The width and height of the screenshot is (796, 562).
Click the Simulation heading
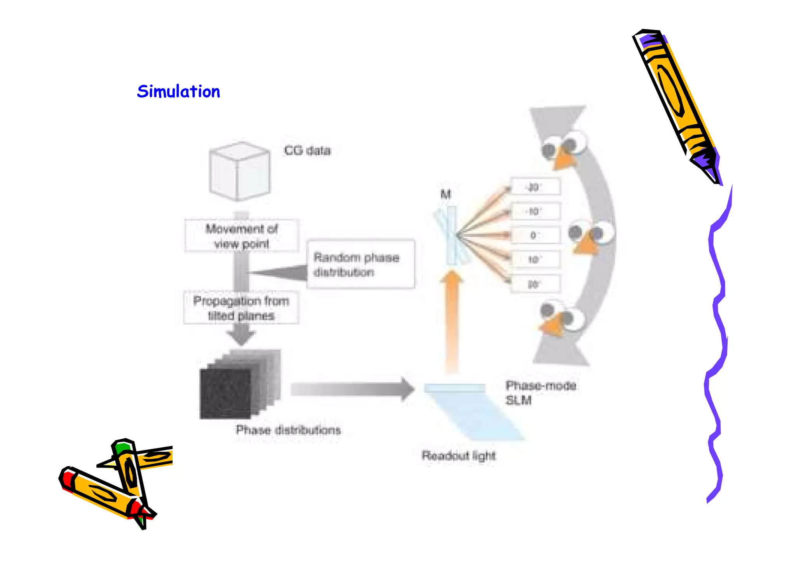click(178, 92)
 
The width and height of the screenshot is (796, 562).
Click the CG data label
click(307, 150)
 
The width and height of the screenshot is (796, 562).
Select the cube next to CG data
click(239, 171)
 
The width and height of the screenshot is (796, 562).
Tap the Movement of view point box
click(242, 236)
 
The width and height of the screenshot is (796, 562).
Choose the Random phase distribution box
click(360, 264)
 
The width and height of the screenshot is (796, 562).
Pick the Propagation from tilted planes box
click(241, 308)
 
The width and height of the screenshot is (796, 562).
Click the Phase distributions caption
click(288, 430)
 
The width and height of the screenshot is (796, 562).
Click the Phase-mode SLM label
click(540, 393)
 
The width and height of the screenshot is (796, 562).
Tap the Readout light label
click(459, 455)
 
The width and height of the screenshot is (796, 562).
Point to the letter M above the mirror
click(445, 194)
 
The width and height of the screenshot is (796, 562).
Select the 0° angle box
click(535, 235)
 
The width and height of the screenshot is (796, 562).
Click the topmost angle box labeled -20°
click(535, 187)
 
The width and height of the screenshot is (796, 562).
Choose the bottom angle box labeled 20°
click(535, 284)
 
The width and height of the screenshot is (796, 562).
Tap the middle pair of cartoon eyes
click(592, 233)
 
